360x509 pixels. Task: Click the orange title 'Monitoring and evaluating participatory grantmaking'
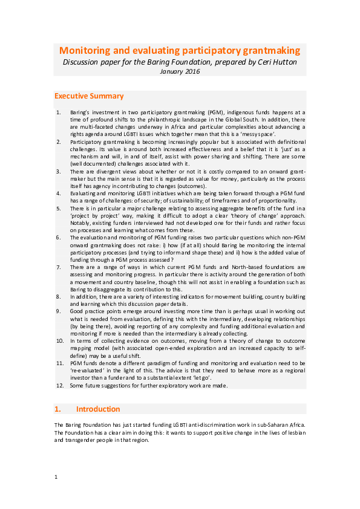pyautogui.click(x=180, y=51)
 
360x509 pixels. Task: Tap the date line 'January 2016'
pyautogui.click(x=180, y=71)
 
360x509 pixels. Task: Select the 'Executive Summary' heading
pyautogui.click(x=89, y=96)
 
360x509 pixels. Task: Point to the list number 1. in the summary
pyautogui.click(x=58, y=112)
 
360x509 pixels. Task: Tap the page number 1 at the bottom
pyautogui.click(x=56, y=477)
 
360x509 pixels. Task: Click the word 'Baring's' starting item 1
pyautogui.click(x=82, y=112)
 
